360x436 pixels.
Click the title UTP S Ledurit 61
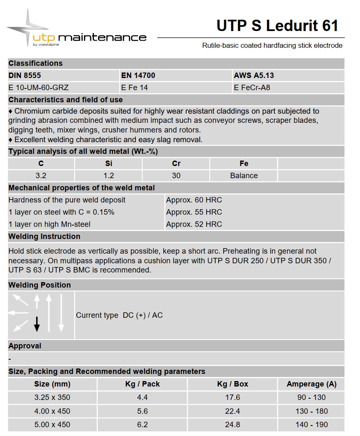277,26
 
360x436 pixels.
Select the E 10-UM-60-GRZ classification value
39,88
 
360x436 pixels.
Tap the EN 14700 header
138,75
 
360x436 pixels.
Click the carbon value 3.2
41,176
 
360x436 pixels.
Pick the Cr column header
176,163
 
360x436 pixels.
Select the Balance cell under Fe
244,176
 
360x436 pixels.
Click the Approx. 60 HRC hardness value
194,200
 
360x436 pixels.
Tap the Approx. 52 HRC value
194,224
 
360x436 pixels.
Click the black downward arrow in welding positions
37,324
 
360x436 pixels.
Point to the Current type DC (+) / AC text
119,315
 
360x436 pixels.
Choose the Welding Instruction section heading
44,236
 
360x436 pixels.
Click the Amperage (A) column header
311,384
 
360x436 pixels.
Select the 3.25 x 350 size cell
52,397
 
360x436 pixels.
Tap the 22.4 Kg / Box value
232,411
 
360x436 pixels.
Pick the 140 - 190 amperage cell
311,425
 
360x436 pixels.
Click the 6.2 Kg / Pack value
142,425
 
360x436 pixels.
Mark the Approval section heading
25,346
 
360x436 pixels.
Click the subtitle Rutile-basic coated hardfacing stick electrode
272,45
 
